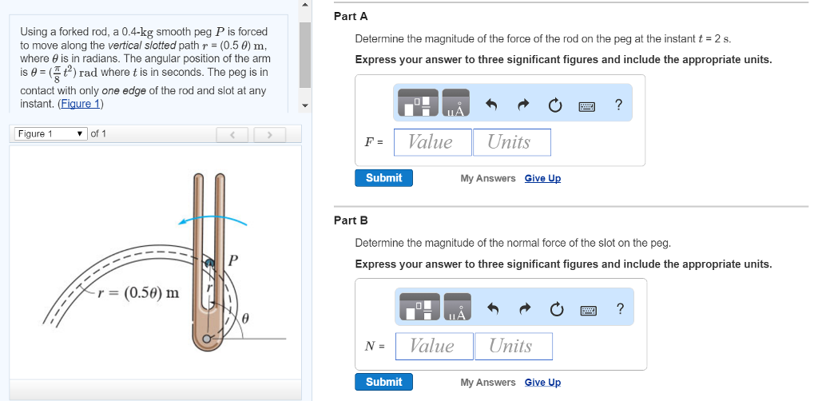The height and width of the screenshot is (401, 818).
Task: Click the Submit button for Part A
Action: (x=383, y=177)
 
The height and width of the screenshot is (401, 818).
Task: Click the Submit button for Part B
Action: (x=383, y=382)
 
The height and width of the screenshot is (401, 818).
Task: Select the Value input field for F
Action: (x=431, y=142)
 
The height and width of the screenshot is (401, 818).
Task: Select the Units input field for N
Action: (x=511, y=346)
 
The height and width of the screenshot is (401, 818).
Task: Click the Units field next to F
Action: (x=510, y=142)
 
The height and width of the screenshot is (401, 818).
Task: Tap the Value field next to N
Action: (x=432, y=346)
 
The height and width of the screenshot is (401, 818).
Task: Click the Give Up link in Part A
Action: (x=542, y=178)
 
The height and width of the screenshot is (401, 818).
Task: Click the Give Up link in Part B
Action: (x=542, y=383)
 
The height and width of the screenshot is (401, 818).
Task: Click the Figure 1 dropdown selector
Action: (x=50, y=133)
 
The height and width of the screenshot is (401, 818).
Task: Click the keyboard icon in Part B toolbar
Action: (x=588, y=310)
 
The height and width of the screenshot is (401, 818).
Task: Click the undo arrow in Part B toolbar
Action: (x=493, y=310)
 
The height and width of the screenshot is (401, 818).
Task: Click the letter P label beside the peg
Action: (x=233, y=260)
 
